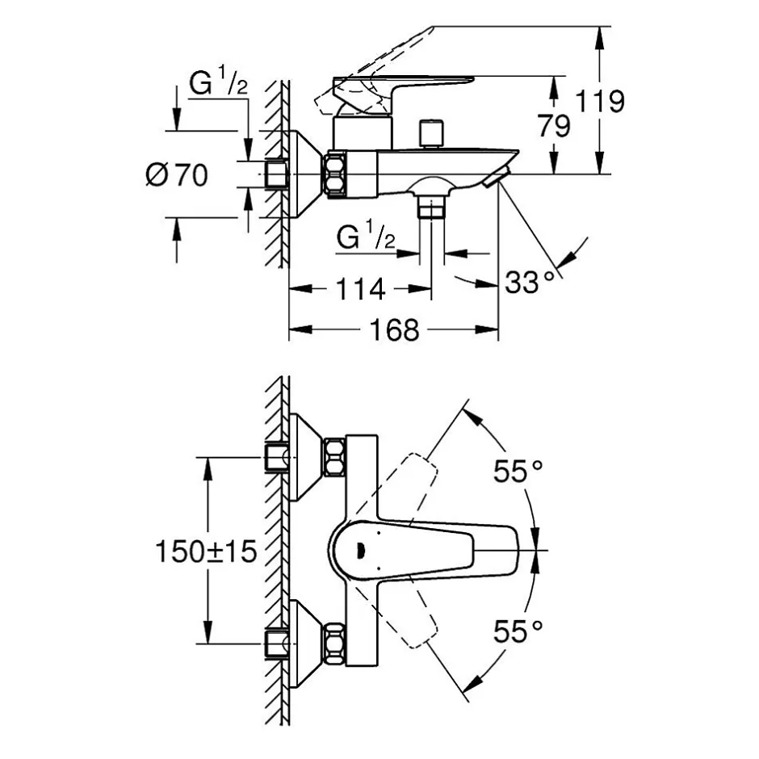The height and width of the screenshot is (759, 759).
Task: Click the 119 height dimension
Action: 600,102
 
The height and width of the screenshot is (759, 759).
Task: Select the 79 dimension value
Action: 554,126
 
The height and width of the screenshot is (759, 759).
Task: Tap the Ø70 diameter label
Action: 177,174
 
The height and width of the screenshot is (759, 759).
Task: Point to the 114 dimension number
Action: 360,289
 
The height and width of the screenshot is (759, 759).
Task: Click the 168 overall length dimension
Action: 394,330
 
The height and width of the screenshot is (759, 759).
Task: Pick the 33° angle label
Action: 530,282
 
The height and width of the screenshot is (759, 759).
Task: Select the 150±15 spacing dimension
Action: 206,551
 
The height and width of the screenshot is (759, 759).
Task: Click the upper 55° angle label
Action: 518,471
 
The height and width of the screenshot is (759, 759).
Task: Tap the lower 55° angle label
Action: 518,631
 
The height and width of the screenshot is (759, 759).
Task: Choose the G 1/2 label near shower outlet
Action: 366,234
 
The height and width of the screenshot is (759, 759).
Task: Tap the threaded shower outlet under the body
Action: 432,208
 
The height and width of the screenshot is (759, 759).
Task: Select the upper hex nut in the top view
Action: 334,457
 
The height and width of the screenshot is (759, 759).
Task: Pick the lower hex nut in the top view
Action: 334,644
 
